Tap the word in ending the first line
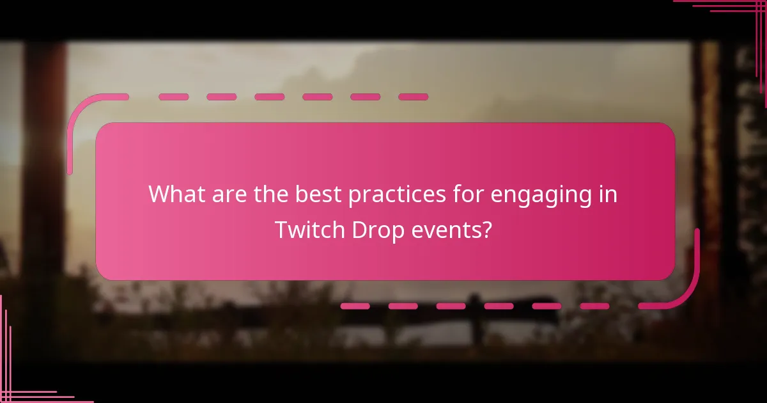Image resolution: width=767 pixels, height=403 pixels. (x=608, y=194)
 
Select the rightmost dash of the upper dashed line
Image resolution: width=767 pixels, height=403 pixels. (x=413, y=97)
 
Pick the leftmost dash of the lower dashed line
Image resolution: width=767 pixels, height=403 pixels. (x=355, y=306)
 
